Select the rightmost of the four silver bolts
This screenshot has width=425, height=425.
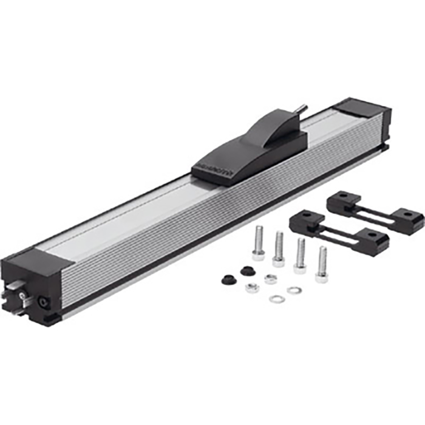coord(322,263)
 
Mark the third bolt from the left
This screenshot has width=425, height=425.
coord(300,255)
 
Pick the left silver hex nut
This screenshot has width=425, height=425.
coord(253,288)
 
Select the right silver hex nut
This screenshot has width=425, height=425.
coord(271,279)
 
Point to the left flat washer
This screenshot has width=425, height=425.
coord(277,299)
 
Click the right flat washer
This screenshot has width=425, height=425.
coord(294,290)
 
